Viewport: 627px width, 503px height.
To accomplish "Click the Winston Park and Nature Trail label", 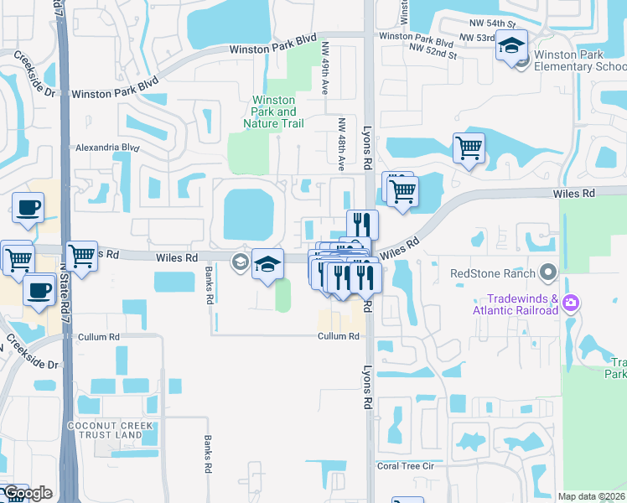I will point(274,111).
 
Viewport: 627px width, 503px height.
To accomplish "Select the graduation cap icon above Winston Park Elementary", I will point(510,45).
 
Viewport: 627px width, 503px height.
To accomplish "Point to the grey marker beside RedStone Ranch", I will point(548,272).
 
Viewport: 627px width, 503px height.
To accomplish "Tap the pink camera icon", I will point(571,303).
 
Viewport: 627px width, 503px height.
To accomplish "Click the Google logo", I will point(27,493).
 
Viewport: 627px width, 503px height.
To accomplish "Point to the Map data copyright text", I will point(592,496).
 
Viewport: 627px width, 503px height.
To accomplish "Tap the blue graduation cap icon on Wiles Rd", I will point(267,264).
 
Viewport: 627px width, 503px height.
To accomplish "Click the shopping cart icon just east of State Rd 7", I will point(81,255).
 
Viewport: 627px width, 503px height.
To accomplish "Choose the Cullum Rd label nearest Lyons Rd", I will point(339,336).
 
